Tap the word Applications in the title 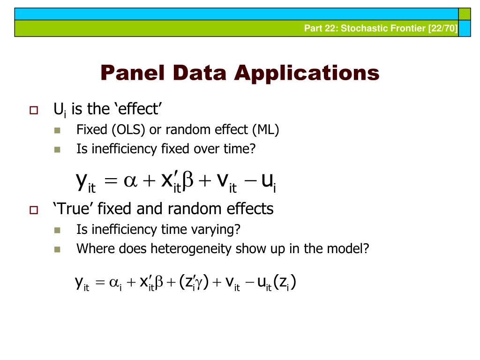(308, 74)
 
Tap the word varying (215, 230)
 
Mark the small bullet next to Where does (58, 249)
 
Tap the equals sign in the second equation (100, 285)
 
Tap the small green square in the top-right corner (464, 14)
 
